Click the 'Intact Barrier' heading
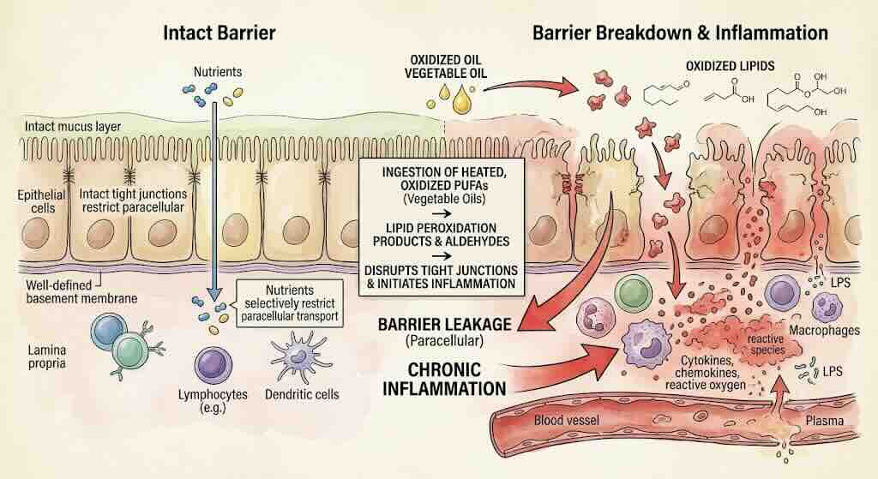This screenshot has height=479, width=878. coord(219,33)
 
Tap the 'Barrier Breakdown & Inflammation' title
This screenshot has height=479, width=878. coord(680,33)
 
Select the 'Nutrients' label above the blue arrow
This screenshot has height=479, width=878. coord(218,72)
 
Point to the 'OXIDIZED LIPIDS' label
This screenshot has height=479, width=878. coord(731,66)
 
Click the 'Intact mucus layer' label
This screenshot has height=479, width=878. coord(73,127)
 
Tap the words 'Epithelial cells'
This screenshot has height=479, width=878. coord(41,201)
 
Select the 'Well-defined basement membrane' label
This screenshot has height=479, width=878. coord(81,291)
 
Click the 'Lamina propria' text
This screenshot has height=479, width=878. coord(47,356)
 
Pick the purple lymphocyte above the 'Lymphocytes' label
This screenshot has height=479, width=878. coord(213,365)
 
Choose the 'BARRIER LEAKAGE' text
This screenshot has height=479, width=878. coord(445,325)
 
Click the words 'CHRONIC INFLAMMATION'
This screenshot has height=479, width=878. coord(445,379)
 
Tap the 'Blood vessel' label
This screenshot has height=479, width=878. coord(566,420)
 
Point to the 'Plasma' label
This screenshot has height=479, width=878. coord(824,421)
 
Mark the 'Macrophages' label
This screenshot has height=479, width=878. coord(824,330)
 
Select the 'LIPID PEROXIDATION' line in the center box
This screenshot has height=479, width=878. coord(441,228)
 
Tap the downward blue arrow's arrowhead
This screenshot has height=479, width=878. coord(213,293)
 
